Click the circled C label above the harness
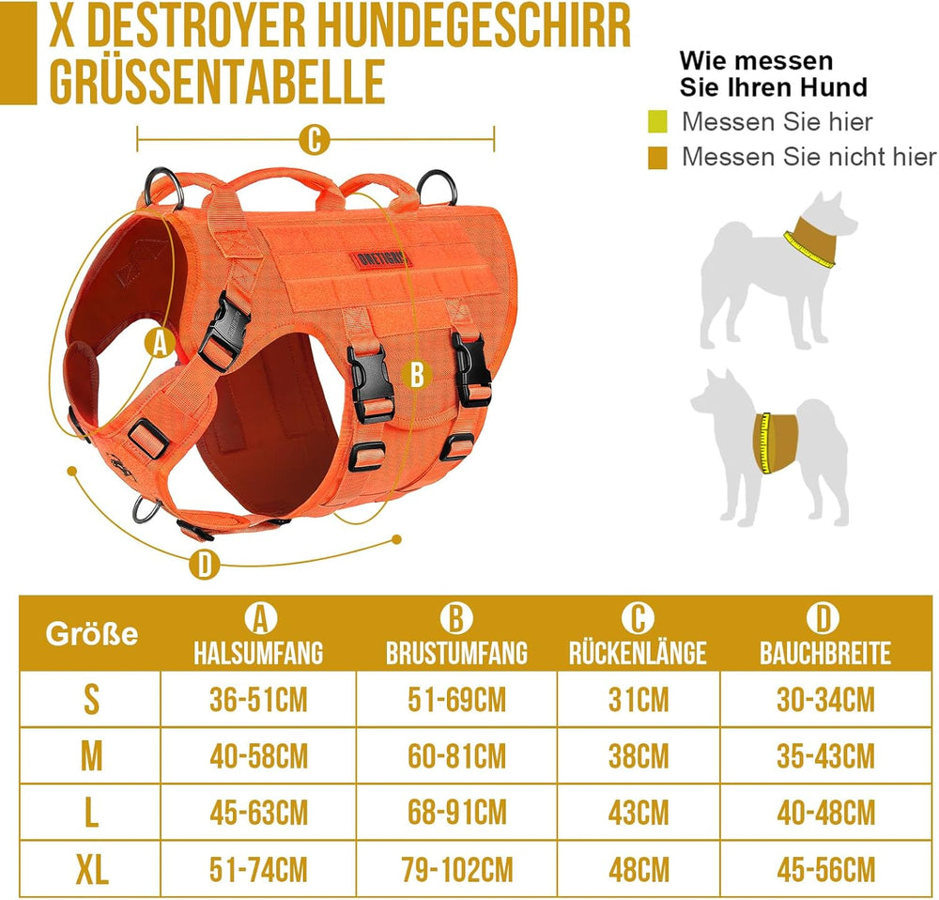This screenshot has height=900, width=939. point(315,140)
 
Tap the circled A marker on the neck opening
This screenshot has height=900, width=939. point(160,343)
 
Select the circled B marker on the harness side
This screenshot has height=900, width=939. point(417,375)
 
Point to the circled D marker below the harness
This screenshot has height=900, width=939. point(205,564)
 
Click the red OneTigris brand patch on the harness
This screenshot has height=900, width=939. point(381,259)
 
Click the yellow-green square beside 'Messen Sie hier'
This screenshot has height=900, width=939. point(657,121)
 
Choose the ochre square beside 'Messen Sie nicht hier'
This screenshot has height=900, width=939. point(657,158)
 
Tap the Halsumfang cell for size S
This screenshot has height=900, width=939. point(258,699)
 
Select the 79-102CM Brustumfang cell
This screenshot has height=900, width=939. point(457,869)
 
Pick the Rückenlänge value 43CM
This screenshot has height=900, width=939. point(639,813)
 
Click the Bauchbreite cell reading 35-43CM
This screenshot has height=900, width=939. point(825,755)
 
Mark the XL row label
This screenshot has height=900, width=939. point(92,869)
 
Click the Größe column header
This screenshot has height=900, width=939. point(92,634)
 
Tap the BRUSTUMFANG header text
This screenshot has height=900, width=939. point(457,653)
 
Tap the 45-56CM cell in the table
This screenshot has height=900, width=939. point(825,869)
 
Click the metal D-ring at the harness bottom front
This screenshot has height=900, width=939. point(146,509)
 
